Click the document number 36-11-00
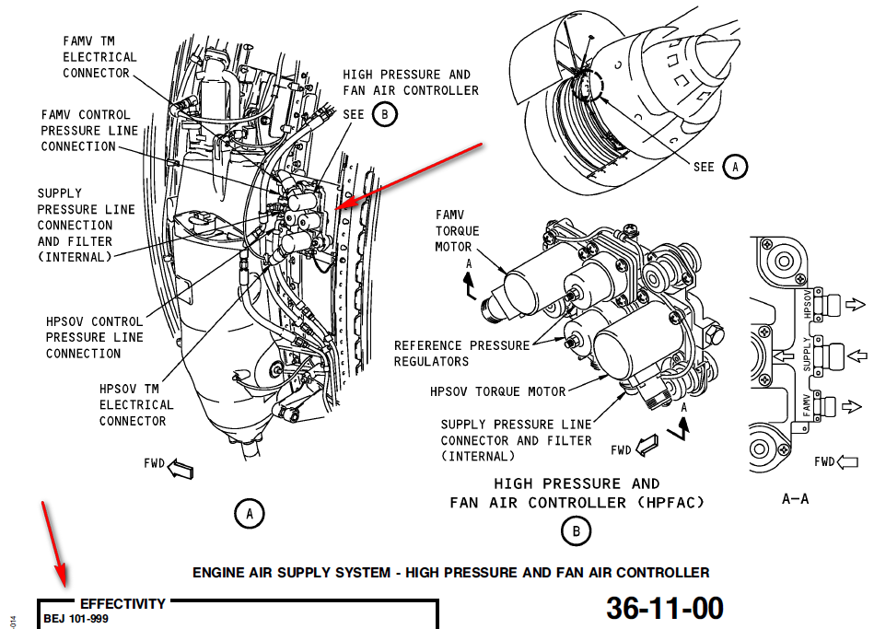point(664,608)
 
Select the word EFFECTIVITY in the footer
point(122,604)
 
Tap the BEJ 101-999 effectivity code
point(76,619)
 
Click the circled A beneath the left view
point(249,513)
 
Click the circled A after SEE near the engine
point(735,167)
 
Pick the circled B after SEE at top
point(385,114)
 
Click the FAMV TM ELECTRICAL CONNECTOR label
point(99,57)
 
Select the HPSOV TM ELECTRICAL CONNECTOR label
point(136,405)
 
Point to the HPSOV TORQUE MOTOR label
point(497,391)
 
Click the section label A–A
point(795,498)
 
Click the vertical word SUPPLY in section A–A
point(807,354)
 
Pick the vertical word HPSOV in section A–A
point(808,305)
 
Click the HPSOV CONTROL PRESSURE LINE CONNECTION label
point(95,338)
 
